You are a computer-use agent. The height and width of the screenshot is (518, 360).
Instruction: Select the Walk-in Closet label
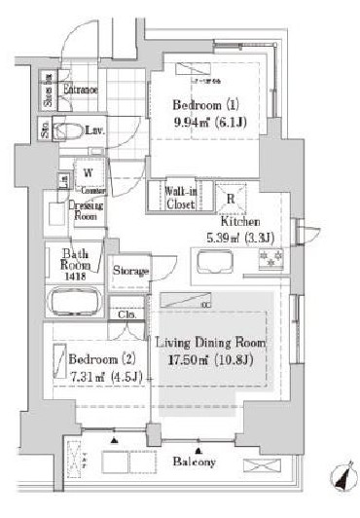click(x=181, y=198)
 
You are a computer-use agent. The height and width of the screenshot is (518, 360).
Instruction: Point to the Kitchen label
click(x=237, y=221)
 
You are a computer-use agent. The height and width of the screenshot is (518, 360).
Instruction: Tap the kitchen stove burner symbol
click(x=269, y=260)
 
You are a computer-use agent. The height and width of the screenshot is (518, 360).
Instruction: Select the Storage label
click(x=130, y=270)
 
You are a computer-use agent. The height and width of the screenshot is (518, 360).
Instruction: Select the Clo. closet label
click(x=127, y=314)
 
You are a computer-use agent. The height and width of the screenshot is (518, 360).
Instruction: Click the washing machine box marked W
click(x=88, y=173)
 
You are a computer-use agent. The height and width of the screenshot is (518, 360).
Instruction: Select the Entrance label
click(x=80, y=91)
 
